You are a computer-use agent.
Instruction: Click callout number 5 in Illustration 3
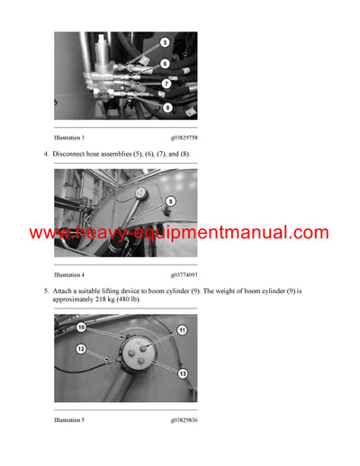pos(165,42)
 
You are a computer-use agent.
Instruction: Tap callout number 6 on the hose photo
pos(165,64)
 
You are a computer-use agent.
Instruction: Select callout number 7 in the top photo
pos(165,85)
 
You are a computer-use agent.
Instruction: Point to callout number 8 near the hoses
pos(166,107)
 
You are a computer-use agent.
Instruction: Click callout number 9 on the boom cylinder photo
pos(170,202)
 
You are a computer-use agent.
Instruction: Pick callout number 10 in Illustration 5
pos(80,327)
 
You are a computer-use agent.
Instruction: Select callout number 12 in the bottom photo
pos(80,349)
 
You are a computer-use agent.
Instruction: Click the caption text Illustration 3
pos(69,138)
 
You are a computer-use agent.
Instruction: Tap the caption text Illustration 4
pos(69,274)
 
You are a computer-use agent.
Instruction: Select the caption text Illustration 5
pos(69,419)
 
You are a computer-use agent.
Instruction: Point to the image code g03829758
pos(184,138)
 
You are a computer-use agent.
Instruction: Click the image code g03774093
pos(184,274)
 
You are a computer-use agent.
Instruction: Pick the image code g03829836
pos(184,419)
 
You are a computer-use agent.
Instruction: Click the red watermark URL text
pos(179,233)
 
